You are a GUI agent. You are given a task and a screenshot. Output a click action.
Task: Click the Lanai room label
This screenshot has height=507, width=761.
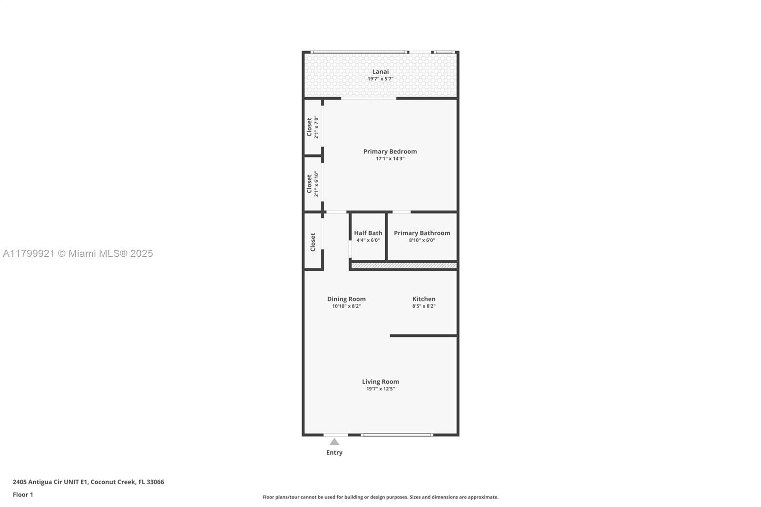(380, 72)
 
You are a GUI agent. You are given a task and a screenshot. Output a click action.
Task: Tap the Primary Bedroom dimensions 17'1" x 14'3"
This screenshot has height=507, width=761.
(390, 158)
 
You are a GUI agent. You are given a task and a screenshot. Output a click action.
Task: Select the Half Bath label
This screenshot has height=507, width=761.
(368, 233)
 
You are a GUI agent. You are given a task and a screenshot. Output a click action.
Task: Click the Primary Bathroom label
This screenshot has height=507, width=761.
(422, 233)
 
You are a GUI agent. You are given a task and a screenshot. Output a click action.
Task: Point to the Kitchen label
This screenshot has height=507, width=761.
(424, 299)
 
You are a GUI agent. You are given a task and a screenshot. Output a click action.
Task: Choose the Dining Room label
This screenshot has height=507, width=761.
(346, 299)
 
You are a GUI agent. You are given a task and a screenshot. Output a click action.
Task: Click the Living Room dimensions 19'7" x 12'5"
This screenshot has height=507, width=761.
(380, 389)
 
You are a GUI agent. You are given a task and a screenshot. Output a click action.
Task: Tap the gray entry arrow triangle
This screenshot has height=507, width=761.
(334, 442)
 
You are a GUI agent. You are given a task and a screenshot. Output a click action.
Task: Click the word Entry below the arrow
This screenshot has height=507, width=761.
(334, 452)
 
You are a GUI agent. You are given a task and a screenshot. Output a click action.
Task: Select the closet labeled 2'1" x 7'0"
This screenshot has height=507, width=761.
(312, 127)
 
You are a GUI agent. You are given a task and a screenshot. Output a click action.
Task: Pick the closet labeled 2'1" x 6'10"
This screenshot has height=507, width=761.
(312, 184)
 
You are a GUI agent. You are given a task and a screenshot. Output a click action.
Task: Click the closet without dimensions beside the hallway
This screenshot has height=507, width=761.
(313, 242)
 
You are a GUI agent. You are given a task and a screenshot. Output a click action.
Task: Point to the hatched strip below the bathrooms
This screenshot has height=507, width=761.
(404, 266)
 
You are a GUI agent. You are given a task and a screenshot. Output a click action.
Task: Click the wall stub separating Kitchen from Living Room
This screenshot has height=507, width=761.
(423, 336)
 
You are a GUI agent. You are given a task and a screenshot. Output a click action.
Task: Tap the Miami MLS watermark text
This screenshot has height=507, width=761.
(78, 253)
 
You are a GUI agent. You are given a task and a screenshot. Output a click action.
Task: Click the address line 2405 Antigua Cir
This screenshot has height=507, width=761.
(88, 482)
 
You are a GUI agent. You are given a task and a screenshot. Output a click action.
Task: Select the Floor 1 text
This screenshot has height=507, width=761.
(23, 495)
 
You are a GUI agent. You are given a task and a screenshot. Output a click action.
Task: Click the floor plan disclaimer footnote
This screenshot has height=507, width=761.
(380, 497)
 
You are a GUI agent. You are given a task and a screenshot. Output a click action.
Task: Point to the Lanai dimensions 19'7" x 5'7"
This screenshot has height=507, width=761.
(380, 79)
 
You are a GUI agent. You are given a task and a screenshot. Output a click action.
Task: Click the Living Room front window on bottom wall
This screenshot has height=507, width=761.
(397, 435)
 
